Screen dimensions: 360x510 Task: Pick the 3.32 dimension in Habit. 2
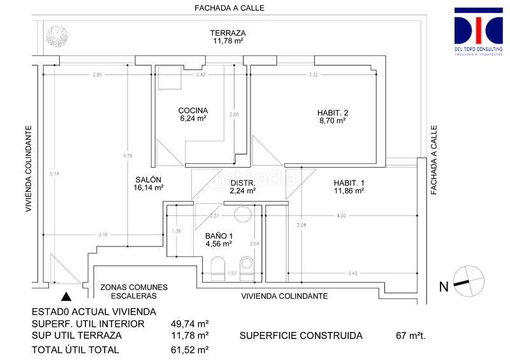click(x=313, y=75)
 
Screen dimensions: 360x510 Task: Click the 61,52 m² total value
click(x=190, y=349)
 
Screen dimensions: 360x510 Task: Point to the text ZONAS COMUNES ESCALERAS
click(x=134, y=292)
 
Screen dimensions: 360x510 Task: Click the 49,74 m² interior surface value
click(x=190, y=324)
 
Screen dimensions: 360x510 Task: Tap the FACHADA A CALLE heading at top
click(x=229, y=8)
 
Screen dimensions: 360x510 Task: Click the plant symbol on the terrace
click(x=58, y=42)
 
